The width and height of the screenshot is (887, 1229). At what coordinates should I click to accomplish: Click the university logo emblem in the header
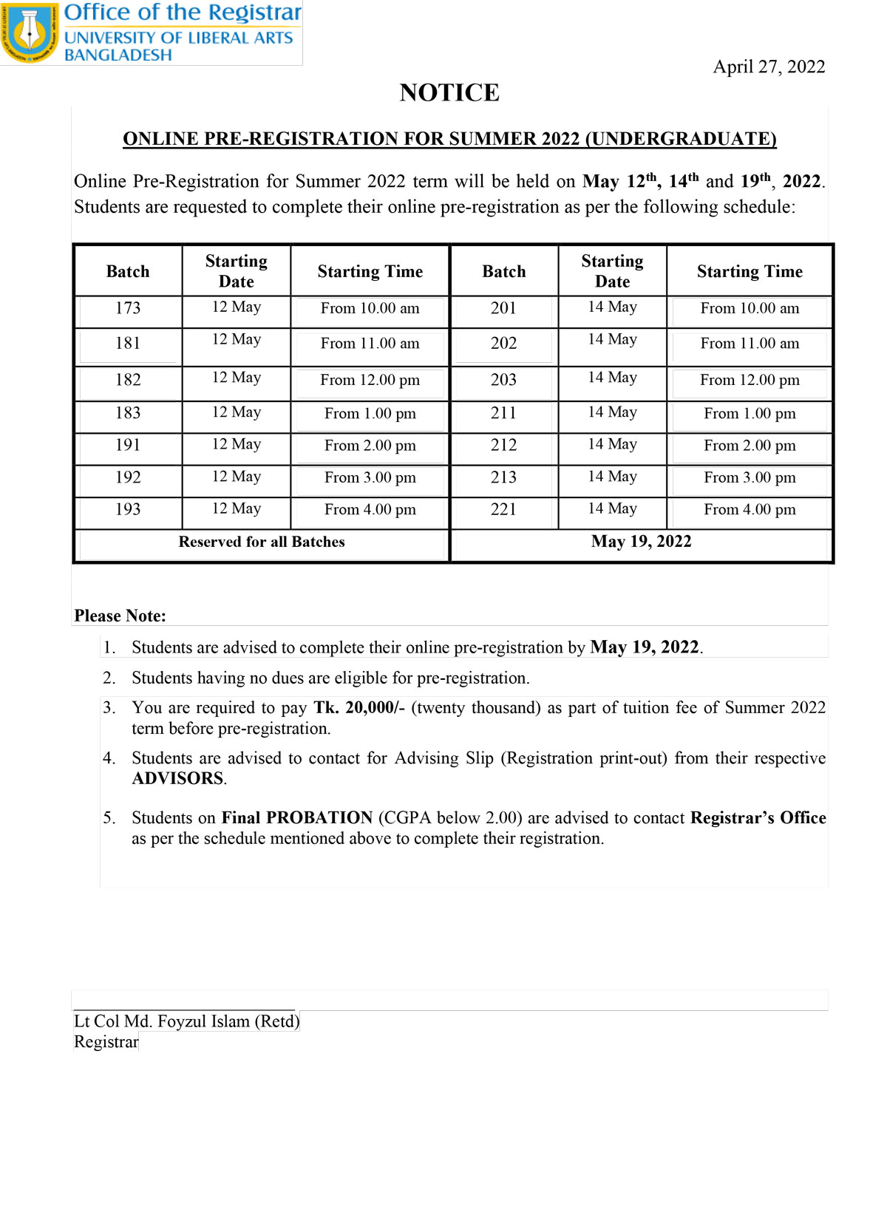coord(30,33)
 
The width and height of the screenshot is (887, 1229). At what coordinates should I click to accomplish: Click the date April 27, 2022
coord(769,67)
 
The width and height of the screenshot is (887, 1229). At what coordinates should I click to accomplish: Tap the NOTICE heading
coord(449,93)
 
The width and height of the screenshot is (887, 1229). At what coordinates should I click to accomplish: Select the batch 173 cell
coord(128,308)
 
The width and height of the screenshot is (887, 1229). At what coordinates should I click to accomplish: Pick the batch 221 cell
coord(503,509)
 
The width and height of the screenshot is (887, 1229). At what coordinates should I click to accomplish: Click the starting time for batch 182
coord(370,381)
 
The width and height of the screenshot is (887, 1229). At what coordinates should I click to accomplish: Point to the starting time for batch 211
coord(750,414)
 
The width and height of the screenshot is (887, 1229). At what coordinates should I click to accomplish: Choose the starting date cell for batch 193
coord(237,509)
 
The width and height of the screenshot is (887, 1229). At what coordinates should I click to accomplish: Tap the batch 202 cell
coord(503,344)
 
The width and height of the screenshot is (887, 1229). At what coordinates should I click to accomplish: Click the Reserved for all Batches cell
coord(262,542)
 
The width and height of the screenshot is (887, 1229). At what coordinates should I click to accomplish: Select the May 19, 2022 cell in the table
coord(641,542)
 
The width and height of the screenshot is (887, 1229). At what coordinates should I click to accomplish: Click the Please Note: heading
coord(120,616)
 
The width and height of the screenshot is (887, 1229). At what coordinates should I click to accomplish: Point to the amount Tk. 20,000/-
coord(359,708)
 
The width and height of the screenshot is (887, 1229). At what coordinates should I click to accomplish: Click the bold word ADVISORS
coord(178,779)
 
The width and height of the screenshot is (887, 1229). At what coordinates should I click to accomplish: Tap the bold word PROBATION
coord(319,818)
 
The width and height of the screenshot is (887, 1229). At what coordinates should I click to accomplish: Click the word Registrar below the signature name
coord(106,1042)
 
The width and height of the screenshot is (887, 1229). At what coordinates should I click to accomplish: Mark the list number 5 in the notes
coord(109,818)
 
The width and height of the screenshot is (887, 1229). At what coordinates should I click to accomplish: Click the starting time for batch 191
coord(370,446)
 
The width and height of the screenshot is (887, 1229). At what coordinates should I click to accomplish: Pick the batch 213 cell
coord(503,477)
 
